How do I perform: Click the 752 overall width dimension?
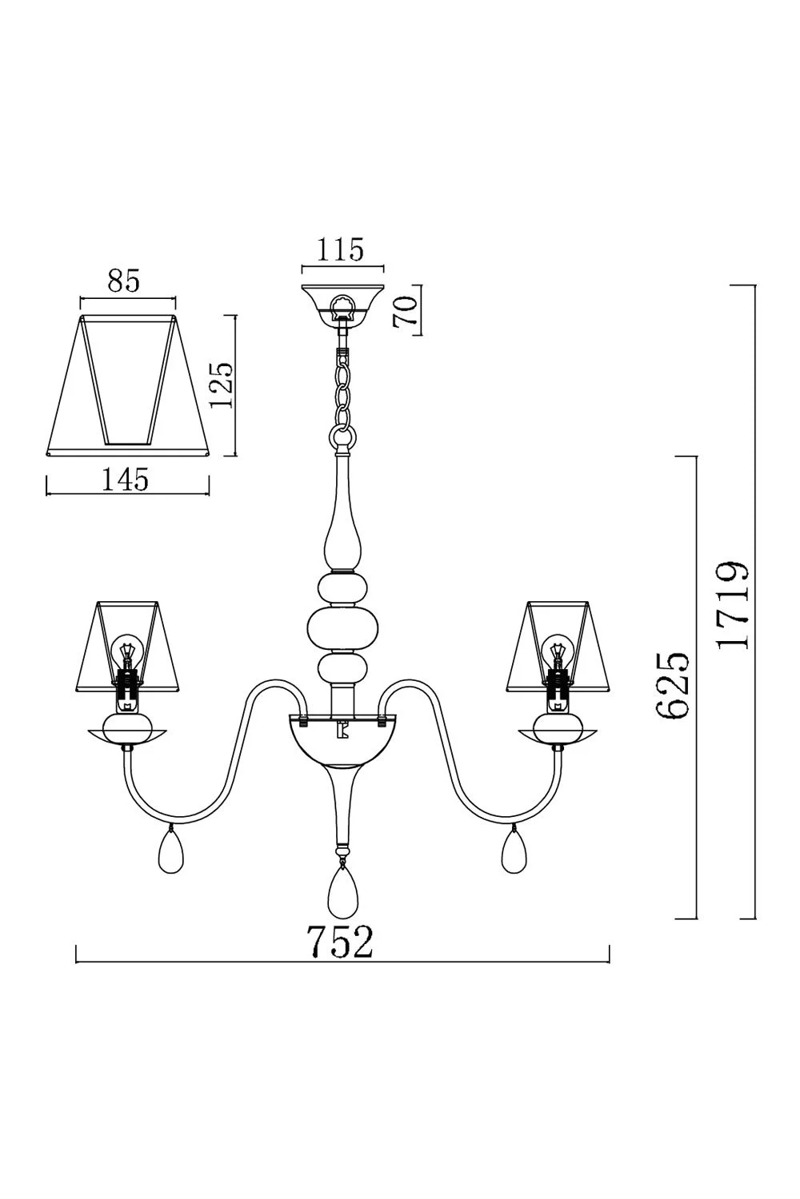[340, 942]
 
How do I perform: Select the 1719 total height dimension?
[732, 605]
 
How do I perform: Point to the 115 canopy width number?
[341, 249]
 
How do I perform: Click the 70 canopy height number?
[405, 312]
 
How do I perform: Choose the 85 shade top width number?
[124, 280]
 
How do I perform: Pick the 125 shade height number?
[222, 385]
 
